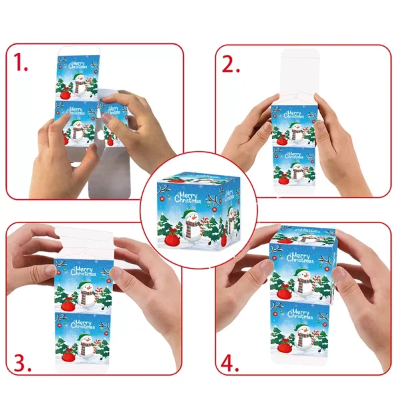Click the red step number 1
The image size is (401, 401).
[x=21, y=62]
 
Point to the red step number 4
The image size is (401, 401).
[x=230, y=363]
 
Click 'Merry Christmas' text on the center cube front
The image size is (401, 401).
[x=187, y=198]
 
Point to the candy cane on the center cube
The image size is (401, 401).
[x=205, y=226]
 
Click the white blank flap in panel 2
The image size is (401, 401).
[x=300, y=77]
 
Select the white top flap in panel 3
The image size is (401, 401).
[x=84, y=242]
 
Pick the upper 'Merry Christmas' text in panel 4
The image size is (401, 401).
[x=300, y=257]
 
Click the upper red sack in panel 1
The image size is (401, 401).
[x=65, y=94]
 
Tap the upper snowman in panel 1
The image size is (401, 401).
[x=80, y=85]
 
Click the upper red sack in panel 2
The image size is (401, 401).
[x=281, y=140]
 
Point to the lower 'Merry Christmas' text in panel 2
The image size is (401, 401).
[x=294, y=155]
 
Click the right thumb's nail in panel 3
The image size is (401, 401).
[x=116, y=273]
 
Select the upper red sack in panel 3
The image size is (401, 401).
[x=68, y=304]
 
